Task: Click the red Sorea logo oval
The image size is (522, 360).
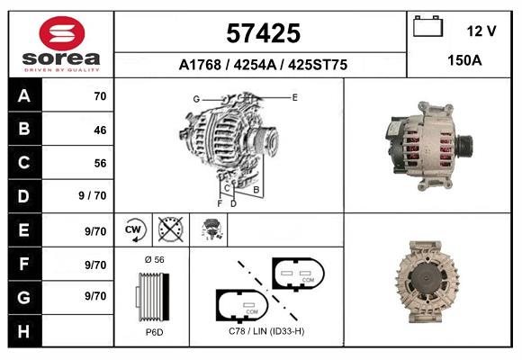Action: (x=62, y=33)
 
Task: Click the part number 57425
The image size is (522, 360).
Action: (x=264, y=33)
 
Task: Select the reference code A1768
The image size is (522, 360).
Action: (x=200, y=65)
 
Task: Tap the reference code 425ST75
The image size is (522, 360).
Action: (x=318, y=65)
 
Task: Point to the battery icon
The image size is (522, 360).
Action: (x=427, y=26)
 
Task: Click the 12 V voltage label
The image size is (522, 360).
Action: (x=481, y=31)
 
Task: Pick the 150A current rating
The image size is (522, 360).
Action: (x=464, y=60)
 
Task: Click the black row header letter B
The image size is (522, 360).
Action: (x=24, y=129)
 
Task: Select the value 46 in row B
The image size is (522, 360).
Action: (x=100, y=130)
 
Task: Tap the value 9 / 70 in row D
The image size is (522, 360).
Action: (x=93, y=195)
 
